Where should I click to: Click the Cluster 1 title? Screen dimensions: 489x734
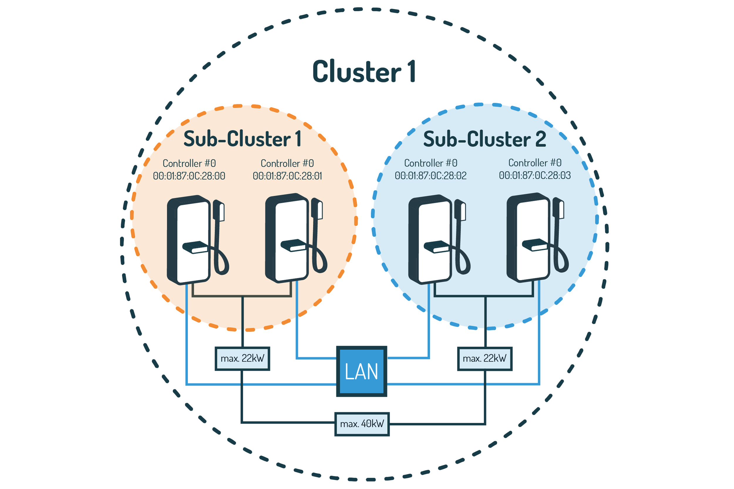[363, 72]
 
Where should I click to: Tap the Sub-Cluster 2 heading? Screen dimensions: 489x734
[484, 139]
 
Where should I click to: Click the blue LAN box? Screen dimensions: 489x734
[361, 371]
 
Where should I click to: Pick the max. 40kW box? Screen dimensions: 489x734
[362, 424]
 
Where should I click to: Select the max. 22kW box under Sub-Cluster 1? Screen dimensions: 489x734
[243, 359]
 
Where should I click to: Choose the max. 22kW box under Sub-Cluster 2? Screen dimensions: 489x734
[484, 359]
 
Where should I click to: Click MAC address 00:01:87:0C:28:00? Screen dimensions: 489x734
[189, 176]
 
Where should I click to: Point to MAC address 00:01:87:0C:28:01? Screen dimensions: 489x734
[287, 176]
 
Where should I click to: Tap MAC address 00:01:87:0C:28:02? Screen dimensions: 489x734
[430, 176]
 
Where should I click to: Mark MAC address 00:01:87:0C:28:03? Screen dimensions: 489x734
[535, 176]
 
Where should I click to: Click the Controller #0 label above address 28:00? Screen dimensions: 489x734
[189, 163]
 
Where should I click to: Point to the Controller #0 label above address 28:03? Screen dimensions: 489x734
[535, 163]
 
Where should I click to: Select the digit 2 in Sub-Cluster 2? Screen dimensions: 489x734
[541, 139]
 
